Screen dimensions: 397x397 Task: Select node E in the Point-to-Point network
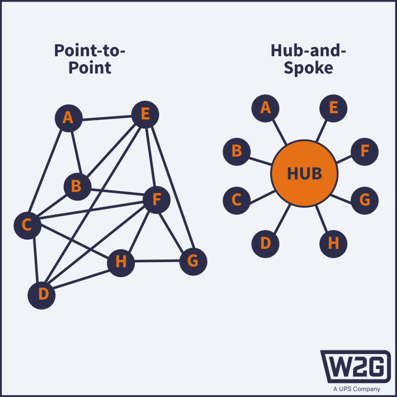tap(145, 115)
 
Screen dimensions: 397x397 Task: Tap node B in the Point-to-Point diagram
tap(77, 187)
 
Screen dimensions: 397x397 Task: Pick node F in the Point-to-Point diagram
tap(156, 200)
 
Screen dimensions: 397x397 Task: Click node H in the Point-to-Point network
tap(121, 263)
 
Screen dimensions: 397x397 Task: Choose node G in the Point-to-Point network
tap(193, 262)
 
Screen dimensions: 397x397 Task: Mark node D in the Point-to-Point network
tap(41, 295)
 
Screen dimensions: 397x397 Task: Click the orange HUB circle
tap(304, 174)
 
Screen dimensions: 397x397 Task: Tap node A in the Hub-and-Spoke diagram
tap(265, 108)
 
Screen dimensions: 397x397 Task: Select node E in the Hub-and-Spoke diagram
tap(333, 108)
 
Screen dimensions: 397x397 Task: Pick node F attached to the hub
tap(364, 151)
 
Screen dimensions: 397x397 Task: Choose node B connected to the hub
tap(236, 151)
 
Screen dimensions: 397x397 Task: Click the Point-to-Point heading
tap(90, 59)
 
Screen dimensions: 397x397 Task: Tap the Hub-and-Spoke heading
tap(308, 59)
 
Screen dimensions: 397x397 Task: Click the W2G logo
tap(355, 366)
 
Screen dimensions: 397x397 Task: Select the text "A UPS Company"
tap(357, 389)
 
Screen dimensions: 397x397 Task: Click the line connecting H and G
tap(157, 262)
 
